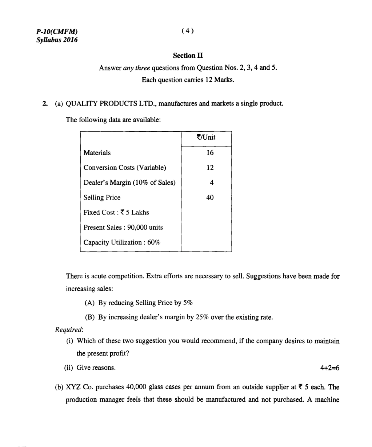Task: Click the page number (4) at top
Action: pos(187,31)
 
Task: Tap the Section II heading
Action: pos(188,56)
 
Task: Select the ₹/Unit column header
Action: pos(206,138)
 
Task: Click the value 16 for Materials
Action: pos(210,153)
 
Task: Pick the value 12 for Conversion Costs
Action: pos(210,168)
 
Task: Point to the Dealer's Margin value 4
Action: pos(211,183)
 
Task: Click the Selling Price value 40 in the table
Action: pos(210,197)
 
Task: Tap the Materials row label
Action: pos(97,153)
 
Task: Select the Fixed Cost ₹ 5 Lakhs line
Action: pos(116,213)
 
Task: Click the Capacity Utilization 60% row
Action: pos(122,242)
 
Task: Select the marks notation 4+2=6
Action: pos(329,368)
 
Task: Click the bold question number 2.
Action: pos(44,104)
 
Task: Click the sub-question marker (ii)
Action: pos(69,368)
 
